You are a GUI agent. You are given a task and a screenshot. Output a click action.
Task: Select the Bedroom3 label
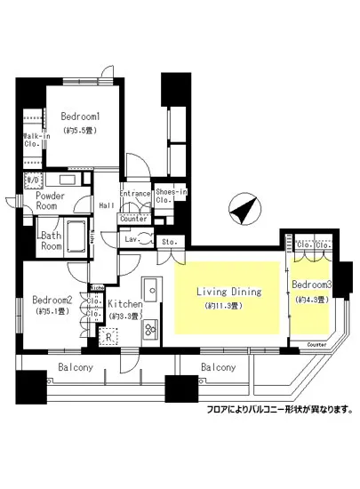[311, 285]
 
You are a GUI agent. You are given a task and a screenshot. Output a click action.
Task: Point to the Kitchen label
[124, 304]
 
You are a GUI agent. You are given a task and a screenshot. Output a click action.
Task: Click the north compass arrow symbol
[243, 212]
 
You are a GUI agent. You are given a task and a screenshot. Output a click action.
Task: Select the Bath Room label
[51, 241]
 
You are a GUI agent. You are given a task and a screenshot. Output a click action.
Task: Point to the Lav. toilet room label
[130, 239]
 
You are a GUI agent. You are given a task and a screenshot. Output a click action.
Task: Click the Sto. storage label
[169, 241]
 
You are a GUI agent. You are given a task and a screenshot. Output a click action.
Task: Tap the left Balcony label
[78, 367]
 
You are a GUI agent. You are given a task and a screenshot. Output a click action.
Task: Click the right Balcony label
[218, 367]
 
